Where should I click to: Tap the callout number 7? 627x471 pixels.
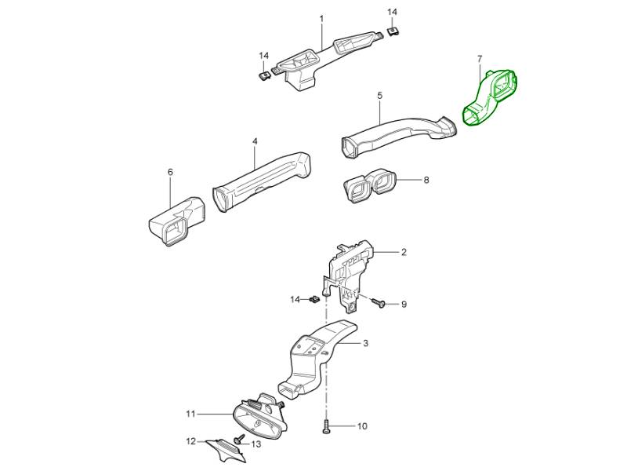coord(480,59)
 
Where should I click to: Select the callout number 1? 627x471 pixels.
coord(321,18)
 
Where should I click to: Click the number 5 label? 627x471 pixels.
coord(379,95)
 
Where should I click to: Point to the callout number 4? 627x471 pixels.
coord(255,141)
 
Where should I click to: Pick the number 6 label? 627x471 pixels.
coord(170,172)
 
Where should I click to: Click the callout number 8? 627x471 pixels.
coord(426,180)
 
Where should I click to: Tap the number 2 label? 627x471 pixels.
coord(404,252)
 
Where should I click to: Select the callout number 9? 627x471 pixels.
coord(404,304)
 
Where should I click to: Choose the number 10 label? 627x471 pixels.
coord(362,426)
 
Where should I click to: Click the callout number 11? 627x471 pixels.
coord(190,413)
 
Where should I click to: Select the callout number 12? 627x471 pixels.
coord(190,442)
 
